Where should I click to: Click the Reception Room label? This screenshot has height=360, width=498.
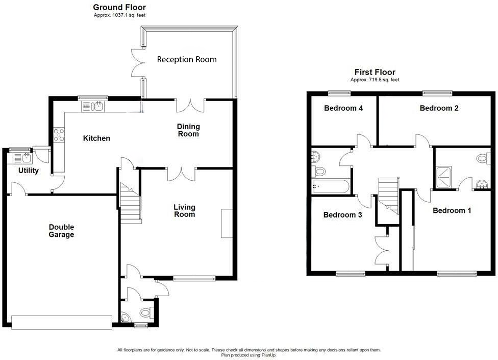(x=187, y=60)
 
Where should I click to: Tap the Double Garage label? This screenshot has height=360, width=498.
(x=61, y=231)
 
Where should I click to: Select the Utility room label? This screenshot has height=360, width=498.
(x=28, y=171)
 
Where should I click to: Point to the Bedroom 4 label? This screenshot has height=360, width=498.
(x=343, y=108)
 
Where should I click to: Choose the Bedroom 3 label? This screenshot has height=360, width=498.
(x=342, y=215)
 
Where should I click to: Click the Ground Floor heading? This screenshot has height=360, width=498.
(x=119, y=7)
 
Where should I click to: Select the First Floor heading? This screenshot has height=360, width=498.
(x=375, y=72)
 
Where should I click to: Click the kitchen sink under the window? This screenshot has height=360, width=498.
(x=93, y=106)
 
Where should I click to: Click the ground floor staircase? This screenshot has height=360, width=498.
(x=130, y=205)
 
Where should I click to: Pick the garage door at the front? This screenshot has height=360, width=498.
(x=61, y=322)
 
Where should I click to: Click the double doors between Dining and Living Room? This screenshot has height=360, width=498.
(x=181, y=174)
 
